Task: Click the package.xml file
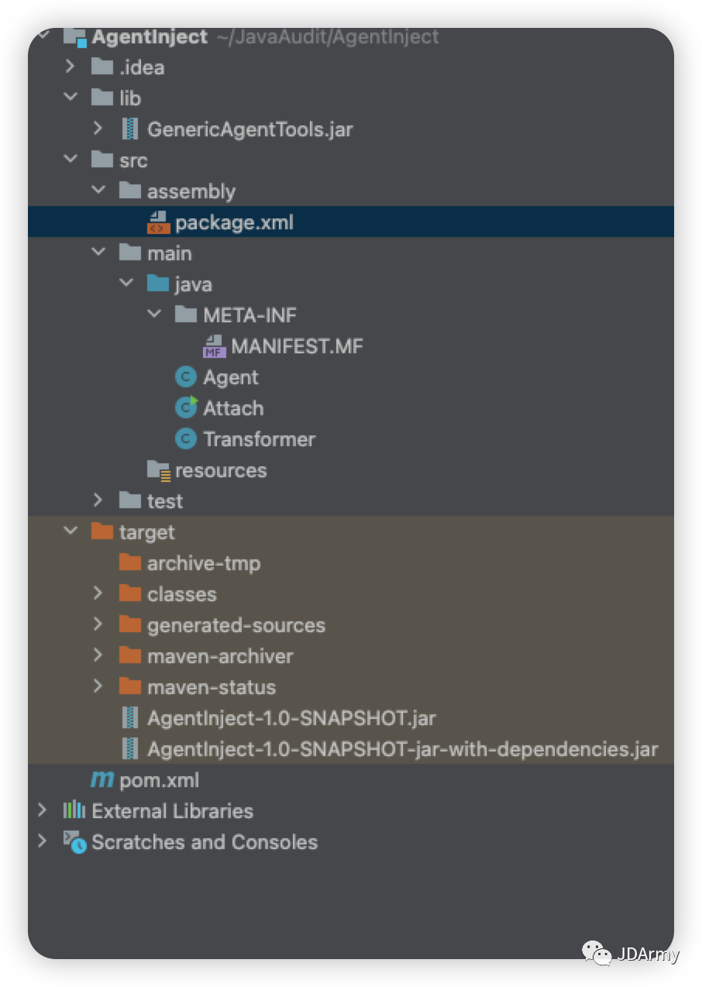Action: point(233,223)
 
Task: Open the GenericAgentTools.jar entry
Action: point(249,129)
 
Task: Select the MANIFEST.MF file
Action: point(296,346)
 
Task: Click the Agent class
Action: point(230,377)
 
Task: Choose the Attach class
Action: point(232,408)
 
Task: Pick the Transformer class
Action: point(259,439)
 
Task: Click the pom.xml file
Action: point(159,780)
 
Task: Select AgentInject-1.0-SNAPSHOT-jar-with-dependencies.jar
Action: point(402,749)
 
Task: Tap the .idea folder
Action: point(141,67)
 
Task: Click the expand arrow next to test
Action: point(98,500)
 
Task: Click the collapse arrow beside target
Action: point(71,531)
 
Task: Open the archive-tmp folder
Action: point(203,563)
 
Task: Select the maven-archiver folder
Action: point(220,656)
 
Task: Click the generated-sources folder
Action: point(236,625)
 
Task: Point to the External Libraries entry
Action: point(172,811)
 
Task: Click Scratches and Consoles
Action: point(204,842)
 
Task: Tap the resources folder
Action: point(220,470)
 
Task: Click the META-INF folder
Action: point(249,315)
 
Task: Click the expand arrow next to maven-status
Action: point(98,686)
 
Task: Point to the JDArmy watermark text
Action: point(647,954)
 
